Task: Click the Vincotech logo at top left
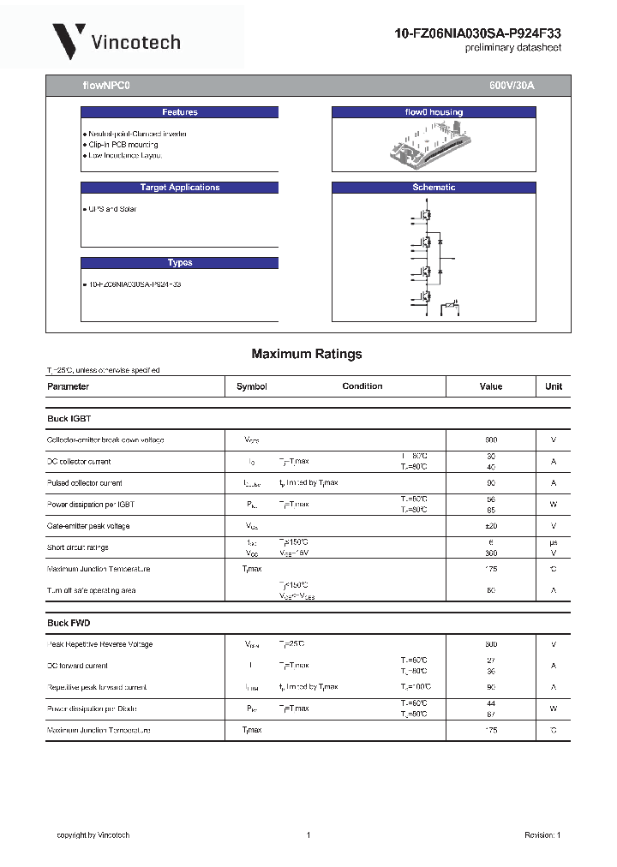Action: (x=116, y=40)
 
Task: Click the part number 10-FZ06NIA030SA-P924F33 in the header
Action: (x=478, y=33)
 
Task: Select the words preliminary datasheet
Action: (x=513, y=48)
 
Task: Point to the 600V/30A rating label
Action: (x=512, y=86)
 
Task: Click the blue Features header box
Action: (x=180, y=112)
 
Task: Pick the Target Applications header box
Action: (x=180, y=188)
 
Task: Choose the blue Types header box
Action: (x=180, y=263)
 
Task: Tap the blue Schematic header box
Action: (x=434, y=188)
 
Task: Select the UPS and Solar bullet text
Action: (x=112, y=209)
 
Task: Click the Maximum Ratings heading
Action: (x=307, y=354)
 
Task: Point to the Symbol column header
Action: (x=252, y=386)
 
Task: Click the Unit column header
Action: (x=554, y=386)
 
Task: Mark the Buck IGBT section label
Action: (x=69, y=419)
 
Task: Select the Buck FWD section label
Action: (x=69, y=623)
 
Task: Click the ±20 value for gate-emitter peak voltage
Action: (x=491, y=526)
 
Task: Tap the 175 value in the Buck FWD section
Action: (x=491, y=730)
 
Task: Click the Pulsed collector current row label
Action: (x=85, y=483)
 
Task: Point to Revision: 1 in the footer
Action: (x=542, y=835)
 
